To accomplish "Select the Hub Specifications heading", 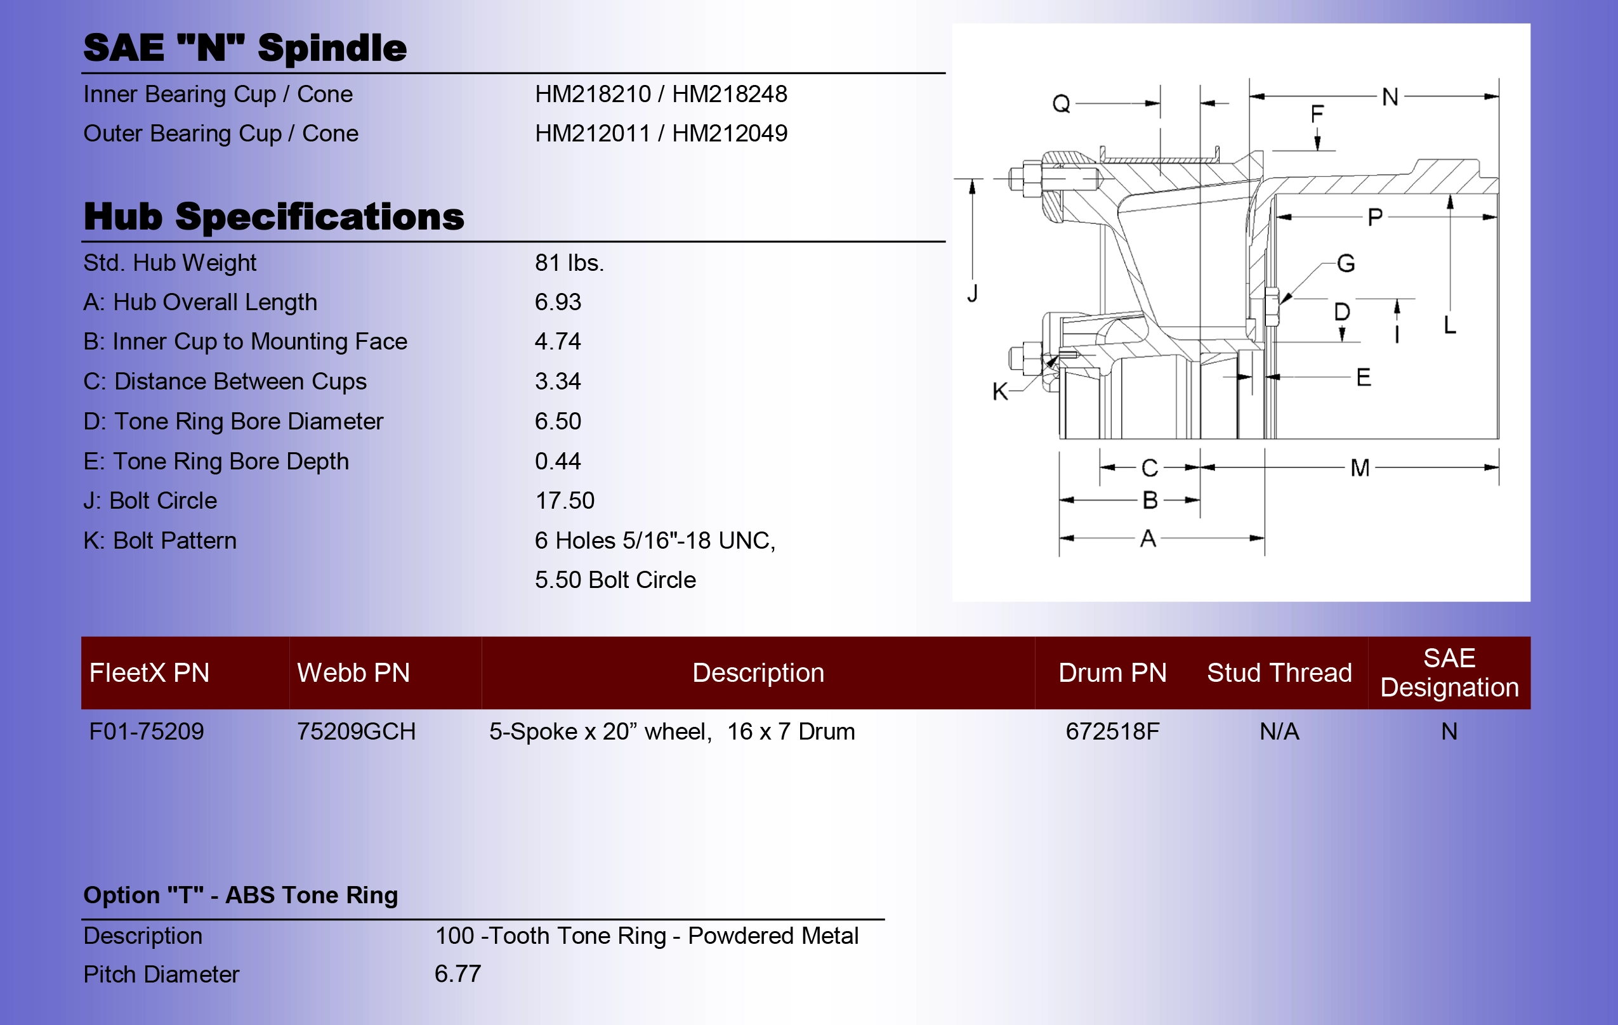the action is (273, 217).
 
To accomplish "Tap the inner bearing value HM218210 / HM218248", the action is (661, 94).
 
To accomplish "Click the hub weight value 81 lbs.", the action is (569, 263).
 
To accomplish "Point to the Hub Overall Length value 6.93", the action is (558, 303).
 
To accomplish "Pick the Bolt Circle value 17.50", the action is (565, 500).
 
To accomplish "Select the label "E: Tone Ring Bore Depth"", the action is (216, 462).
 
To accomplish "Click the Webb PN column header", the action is (353, 672).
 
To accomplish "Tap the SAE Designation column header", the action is (1449, 672).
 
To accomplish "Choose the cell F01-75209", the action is (147, 731).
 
